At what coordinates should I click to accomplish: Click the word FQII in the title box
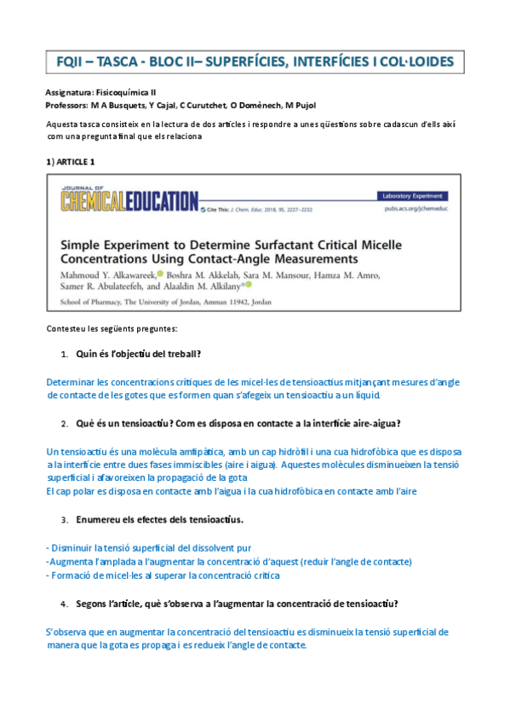coord(70,62)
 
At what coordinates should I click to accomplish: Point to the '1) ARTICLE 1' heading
coord(70,161)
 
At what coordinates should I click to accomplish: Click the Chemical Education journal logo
coord(129,200)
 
